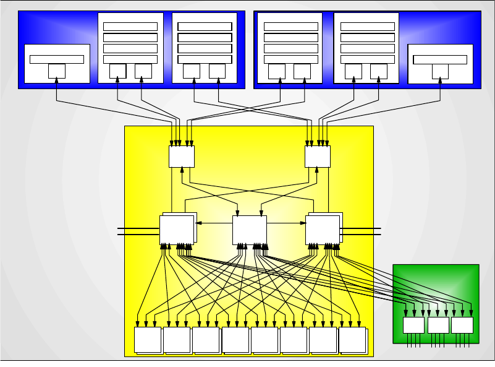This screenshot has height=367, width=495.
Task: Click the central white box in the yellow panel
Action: [249, 230]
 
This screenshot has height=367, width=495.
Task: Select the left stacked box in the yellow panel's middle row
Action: [177, 230]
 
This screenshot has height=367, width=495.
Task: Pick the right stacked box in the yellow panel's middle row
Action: [323, 230]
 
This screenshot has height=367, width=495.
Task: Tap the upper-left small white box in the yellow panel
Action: [182, 157]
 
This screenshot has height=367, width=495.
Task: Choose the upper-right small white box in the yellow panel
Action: [318, 157]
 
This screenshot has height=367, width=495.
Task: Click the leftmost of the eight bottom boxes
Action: [148, 340]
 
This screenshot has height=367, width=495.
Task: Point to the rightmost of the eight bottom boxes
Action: [352, 340]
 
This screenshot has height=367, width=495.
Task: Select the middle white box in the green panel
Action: [438, 325]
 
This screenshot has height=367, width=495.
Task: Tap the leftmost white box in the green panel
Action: [413, 325]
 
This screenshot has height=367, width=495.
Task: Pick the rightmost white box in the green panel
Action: [462, 325]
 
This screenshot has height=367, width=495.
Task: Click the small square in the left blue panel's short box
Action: [57, 71]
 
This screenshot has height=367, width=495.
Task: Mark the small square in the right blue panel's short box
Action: [440, 71]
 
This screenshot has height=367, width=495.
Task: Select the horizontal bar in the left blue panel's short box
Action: [57, 59]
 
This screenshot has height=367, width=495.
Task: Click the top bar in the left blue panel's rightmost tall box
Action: [205, 27]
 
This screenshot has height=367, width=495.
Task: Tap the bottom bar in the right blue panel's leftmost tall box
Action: [290, 59]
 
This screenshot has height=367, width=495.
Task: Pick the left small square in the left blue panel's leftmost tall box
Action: [117, 71]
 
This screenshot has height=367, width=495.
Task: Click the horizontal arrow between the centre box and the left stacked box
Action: [214, 223]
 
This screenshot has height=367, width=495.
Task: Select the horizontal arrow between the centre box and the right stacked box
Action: [286, 223]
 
